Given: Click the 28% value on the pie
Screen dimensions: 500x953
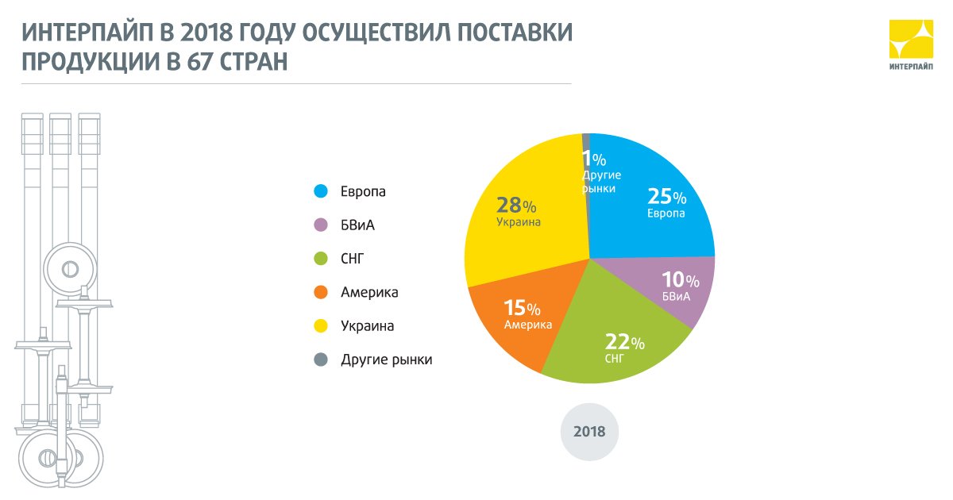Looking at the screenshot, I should click(515, 205).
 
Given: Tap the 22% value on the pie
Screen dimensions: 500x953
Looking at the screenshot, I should click(624, 342).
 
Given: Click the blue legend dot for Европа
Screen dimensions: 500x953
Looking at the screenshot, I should click(321, 191).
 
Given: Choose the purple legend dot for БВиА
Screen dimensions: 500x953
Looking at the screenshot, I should click(321, 225).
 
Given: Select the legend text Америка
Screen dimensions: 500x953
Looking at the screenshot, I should click(369, 293).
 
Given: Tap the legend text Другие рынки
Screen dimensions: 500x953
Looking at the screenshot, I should click(386, 360).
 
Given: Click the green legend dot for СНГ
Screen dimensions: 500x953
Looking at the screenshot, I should click(321, 259).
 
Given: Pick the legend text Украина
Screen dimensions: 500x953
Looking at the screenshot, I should click(367, 326).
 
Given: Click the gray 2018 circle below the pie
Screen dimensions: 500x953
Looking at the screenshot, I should click(588, 433).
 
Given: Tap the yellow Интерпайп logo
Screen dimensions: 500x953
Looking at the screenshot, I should click(910, 44).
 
